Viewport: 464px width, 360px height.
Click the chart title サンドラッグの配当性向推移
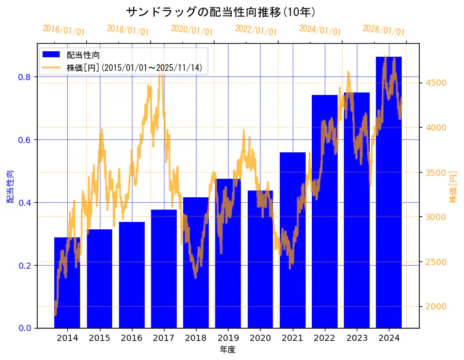222,12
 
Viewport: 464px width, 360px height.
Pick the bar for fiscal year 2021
292,240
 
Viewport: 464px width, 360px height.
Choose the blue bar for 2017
163,269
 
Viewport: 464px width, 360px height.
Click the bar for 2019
228,253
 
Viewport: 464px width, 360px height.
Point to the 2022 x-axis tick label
324,338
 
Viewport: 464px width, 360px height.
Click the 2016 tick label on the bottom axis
131,338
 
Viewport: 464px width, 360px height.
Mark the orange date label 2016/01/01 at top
64,30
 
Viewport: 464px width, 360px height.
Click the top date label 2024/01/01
320,30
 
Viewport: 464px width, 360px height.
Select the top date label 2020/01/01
192,30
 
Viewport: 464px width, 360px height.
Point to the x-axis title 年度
227,350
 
